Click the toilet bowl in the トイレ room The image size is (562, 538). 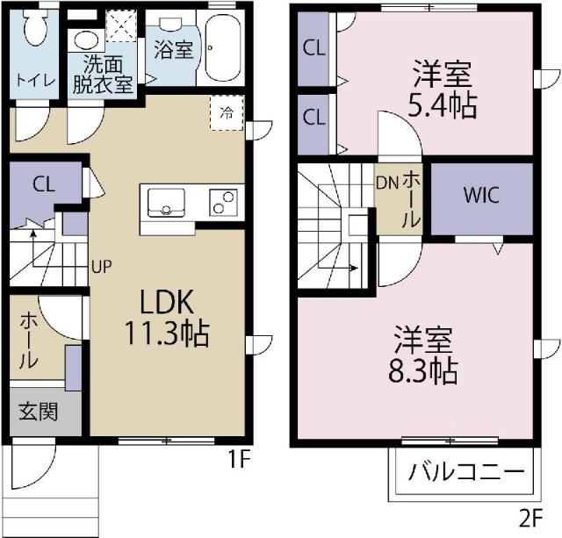(35, 27)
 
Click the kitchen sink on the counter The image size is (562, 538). (166, 203)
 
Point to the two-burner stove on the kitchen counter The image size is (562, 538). (223, 203)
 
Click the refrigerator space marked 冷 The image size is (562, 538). (227, 113)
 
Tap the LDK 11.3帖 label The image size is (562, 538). (167, 317)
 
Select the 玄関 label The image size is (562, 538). (39, 411)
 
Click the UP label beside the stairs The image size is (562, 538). (102, 267)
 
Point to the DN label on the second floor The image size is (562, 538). (387, 183)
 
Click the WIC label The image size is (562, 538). (481, 195)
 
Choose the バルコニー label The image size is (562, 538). (466, 471)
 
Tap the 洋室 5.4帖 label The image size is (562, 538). (443, 90)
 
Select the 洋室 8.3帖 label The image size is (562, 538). (423, 355)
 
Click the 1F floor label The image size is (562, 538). (239, 459)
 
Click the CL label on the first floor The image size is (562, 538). (44, 184)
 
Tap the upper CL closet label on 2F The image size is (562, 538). (314, 47)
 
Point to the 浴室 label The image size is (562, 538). (174, 50)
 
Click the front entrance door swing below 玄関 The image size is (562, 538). (33, 467)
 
